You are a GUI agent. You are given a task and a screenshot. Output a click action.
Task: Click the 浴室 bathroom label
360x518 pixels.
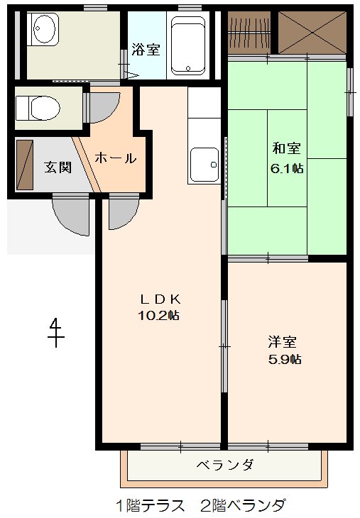(x=146, y=50)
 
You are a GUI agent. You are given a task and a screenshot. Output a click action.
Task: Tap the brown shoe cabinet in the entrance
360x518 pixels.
(x=25, y=165)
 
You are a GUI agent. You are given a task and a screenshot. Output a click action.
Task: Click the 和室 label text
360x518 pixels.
(x=287, y=148)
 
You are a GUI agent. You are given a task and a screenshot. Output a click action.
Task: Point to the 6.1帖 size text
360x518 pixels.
(x=287, y=168)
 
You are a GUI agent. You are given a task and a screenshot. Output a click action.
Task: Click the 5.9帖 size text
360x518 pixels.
(x=284, y=359)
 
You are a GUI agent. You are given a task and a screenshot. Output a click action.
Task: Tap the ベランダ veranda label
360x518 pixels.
(x=224, y=465)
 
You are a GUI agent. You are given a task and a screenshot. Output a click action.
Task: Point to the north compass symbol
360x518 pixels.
(x=55, y=331)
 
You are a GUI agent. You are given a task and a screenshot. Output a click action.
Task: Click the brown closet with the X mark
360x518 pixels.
(x=310, y=32)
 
